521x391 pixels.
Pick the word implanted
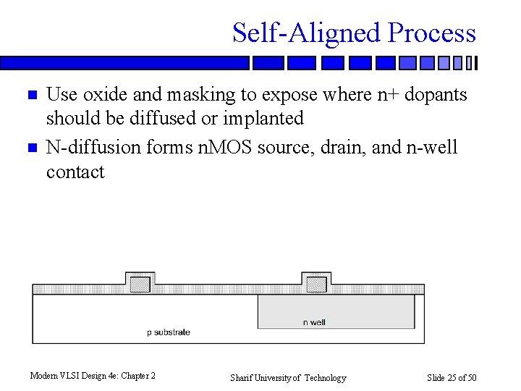coord(263,118)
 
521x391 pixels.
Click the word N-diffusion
coord(93,148)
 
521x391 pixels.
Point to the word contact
coord(75,172)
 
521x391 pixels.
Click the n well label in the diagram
coord(314,322)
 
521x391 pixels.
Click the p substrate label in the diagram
coord(169,332)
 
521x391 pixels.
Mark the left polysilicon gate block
coord(140,284)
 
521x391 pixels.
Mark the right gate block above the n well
coord(316,284)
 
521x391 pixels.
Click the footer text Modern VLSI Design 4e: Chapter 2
coord(93,376)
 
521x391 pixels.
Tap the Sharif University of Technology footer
coord(288,378)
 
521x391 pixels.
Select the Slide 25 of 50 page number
coord(452,378)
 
